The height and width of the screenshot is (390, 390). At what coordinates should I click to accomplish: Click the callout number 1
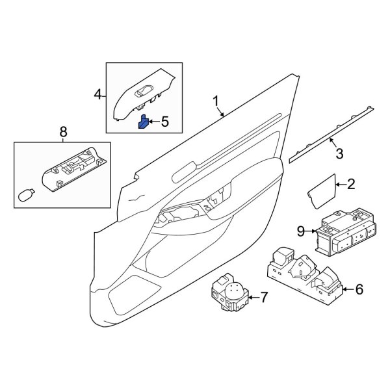(216, 101)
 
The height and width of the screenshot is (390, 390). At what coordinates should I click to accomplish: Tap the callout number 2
(352, 185)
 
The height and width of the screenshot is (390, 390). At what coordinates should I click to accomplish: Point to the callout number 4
(98, 95)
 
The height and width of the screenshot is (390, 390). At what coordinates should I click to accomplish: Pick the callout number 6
(359, 290)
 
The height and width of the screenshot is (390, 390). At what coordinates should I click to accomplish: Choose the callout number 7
(264, 298)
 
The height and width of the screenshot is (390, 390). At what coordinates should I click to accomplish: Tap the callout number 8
(63, 133)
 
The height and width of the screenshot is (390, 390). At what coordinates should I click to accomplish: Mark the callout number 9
(300, 230)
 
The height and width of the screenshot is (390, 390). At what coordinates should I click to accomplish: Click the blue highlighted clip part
(142, 122)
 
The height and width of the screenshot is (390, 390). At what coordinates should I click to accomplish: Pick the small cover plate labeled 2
(320, 189)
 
